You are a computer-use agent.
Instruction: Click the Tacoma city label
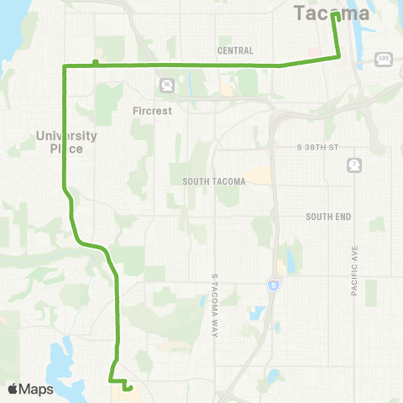pyautogui.click(x=332, y=14)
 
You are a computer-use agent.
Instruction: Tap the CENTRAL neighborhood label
pyautogui.click(x=235, y=51)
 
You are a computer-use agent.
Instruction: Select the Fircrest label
pyautogui.click(x=152, y=110)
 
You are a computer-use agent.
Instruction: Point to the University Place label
pyautogui.click(x=67, y=141)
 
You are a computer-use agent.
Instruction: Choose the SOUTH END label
pyautogui.click(x=327, y=217)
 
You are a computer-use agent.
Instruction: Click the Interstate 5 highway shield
pyautogui.click(x=273, y=286)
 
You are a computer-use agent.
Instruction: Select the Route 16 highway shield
pyautogui.click(x=167, y=85)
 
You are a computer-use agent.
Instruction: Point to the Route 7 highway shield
pyautogui.click(x=355, y=165)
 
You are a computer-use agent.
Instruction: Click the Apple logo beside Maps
pyautogui.click(x=13, y=389)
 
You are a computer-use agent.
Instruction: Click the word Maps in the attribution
pyautogui.click(x=36, y=389)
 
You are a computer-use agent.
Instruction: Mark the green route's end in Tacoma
pyautogui.click(x=334, y=14)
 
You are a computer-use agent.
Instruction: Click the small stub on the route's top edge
pyautogui.click(x=96, y=60)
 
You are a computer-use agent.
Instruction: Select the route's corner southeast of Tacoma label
pyautogui.click(x=340, y=57)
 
